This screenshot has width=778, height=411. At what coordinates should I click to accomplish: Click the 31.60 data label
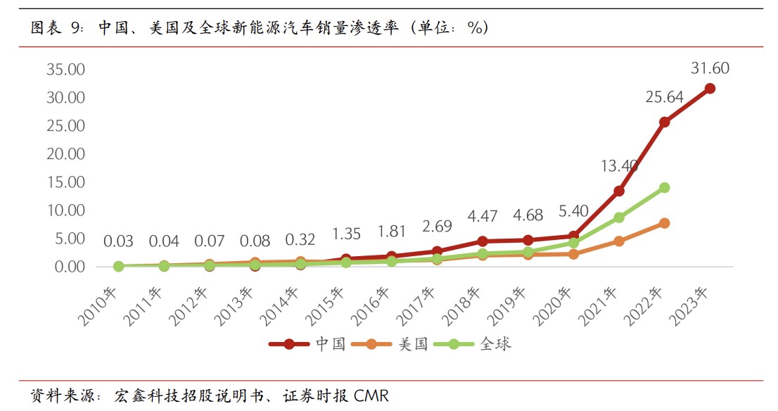coord(710,68)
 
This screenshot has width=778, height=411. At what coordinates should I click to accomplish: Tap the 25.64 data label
coord(664,97)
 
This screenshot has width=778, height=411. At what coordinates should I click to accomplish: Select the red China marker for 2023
coord(710,89)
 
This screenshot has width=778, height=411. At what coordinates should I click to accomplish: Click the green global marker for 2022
coord(664,188)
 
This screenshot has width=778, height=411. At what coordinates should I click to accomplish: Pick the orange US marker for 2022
coord(664,223)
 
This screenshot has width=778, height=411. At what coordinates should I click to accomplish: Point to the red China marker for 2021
coord(619,191)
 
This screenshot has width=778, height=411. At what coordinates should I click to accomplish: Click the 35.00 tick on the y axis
coord(65,70)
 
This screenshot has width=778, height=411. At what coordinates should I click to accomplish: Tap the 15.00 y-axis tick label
coord(65,182)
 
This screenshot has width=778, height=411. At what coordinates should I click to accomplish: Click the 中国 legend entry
coord(330,344)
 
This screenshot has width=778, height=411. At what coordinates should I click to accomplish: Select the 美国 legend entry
coord(413,344)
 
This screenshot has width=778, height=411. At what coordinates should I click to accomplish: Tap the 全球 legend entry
coord(495,344)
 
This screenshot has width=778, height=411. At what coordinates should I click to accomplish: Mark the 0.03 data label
coord(118,241)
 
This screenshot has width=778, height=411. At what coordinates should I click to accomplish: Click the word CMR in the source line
coord(371,395)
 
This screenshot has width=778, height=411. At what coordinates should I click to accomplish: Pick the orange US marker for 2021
coord(619,241)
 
